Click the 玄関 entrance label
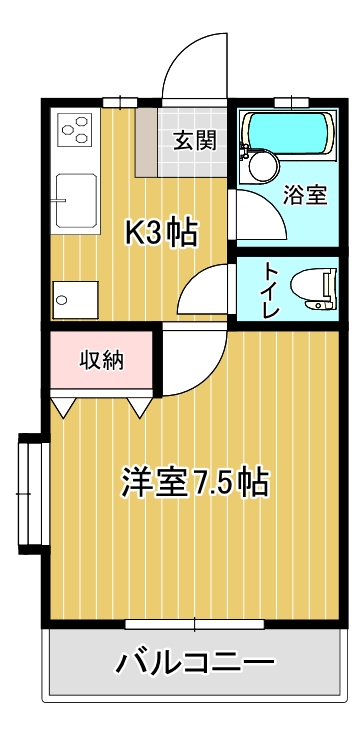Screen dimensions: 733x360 194,140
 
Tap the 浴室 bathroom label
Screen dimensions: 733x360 305,194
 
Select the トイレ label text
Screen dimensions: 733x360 270,289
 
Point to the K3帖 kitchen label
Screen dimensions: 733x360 160,232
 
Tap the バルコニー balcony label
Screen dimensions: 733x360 195,662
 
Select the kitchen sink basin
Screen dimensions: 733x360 75,199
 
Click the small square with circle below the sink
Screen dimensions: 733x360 75,298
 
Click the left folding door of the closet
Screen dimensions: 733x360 65,407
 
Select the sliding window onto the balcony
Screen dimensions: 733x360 195,625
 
